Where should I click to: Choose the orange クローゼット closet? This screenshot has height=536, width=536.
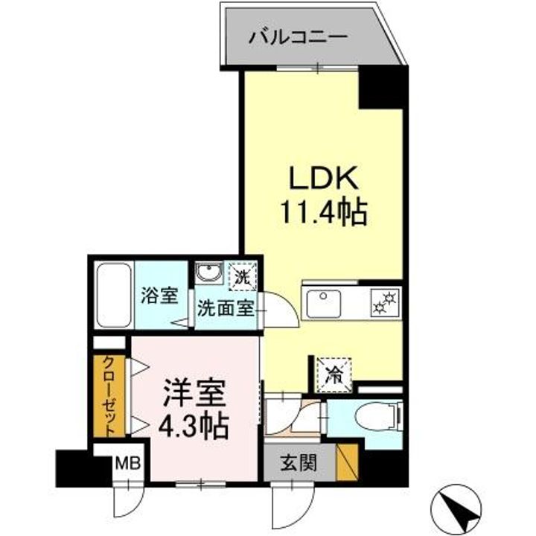[x=109, y=396]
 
